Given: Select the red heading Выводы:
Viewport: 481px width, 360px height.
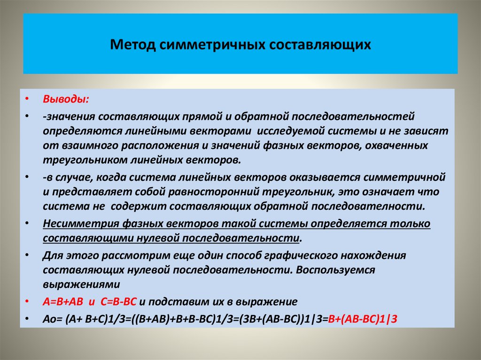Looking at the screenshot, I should tap(60, 100).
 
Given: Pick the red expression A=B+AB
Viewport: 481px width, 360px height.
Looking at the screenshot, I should tap(63, 301).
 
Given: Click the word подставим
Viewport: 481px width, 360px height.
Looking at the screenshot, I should tap(176, 301).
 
